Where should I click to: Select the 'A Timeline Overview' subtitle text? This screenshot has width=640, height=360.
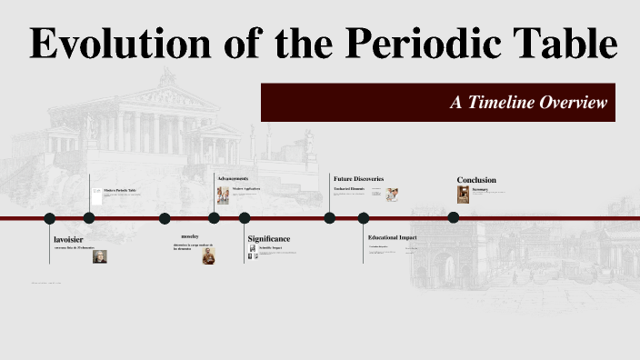[x=528, y=103]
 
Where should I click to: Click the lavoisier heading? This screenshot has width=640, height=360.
[x=68, y=239]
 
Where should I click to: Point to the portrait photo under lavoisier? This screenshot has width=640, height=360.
[x=99, y=256]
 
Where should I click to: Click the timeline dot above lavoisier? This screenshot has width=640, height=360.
[x=50, y=218]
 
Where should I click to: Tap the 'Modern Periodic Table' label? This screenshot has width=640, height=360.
[x=120, y=190]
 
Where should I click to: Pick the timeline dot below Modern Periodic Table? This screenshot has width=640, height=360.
[x=89, y=218]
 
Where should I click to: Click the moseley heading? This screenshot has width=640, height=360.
[x=189, y=236]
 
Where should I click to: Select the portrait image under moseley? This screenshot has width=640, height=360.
[x=208, y=255]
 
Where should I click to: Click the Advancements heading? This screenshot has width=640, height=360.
[x=234, y=178]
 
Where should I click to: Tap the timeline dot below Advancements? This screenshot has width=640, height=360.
[x=214, y=218]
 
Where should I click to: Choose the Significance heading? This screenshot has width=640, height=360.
[x=269, y=238]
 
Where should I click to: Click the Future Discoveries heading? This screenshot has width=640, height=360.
[x=358, y=178]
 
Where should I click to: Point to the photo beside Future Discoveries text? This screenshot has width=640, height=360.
[x=392, y=195]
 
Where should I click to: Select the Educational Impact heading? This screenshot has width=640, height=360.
[x=392, y=237]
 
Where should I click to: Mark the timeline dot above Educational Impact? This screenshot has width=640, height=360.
[x=364, y=218]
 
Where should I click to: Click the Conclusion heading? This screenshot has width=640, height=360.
[x=476, y=180]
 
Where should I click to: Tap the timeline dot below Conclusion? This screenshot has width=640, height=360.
[x=454, y=217]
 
